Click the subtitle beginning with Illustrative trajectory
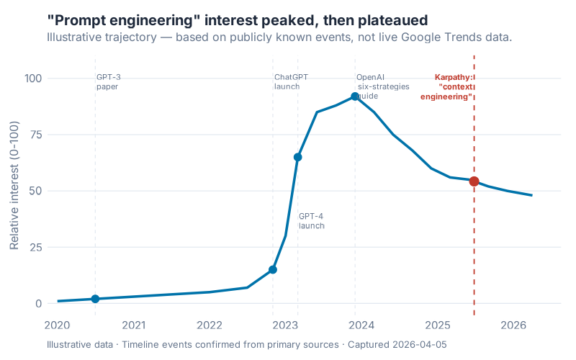279,37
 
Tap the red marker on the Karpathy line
474,181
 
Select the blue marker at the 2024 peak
355,96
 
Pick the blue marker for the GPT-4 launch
298,157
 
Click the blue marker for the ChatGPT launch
273,269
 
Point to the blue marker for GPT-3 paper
95,299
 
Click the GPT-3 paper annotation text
108,81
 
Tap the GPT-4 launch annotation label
312,220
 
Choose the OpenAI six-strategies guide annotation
382,86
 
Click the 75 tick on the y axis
35,135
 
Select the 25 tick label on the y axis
35,247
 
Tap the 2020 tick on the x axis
58,325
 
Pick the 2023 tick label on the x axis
286,325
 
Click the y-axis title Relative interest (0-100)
15,192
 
